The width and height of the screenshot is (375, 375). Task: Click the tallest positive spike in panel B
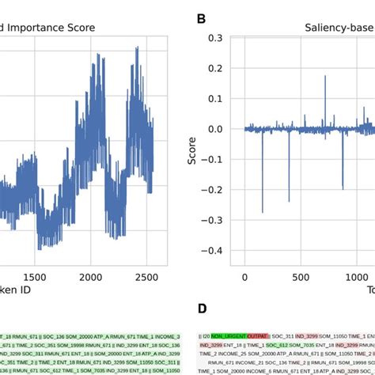324,77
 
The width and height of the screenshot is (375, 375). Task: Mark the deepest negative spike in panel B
263,211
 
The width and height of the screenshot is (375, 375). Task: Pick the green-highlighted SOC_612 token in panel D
277,346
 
